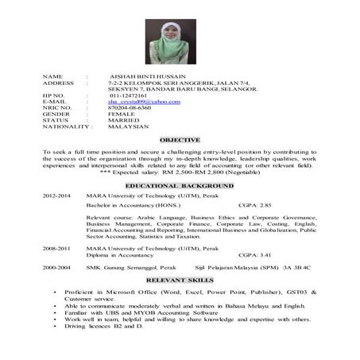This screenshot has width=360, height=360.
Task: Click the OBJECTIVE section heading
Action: point(179,140)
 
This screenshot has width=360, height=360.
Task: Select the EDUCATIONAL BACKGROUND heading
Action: point(180,185)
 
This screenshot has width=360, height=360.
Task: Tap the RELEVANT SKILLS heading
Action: point(180,281)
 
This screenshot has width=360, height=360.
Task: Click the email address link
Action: point(138,102)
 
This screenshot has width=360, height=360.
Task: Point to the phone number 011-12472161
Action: point(128,95)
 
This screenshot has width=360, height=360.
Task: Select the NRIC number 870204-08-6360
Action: point(130,108)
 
